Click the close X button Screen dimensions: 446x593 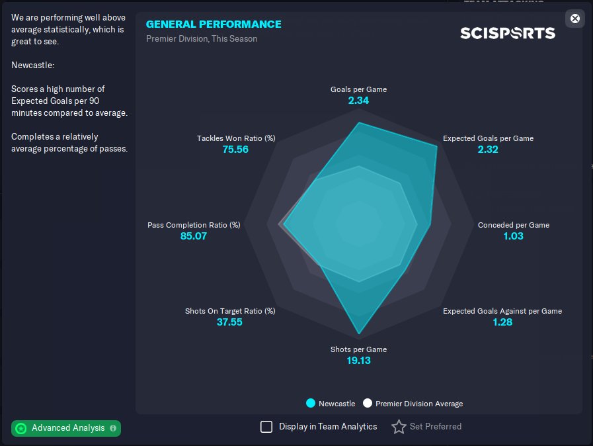click(x=574, y=19)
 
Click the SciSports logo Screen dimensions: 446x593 click(x=507, y=33)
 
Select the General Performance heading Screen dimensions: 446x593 click(x=214, y=24)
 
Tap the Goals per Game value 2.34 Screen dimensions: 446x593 click(x=358, y=101)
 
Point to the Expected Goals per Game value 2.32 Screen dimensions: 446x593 click(x=488, y=150)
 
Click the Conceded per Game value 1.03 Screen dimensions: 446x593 click(x=513, y=236)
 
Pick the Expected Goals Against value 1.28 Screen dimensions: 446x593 click(x=502, y=322)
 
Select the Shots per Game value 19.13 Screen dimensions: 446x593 click(x=358, y=361)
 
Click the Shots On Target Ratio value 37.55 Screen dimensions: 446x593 click(x=230, y=322)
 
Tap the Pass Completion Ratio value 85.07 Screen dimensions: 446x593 click(x=194, y=236)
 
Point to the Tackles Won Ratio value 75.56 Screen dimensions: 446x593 click(x=235, y=150)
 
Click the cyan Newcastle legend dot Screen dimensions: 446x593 click(x=311, y=403)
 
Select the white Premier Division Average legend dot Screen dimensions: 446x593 click(x=368, y=403)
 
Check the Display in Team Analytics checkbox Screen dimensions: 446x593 click(x=266, y=427)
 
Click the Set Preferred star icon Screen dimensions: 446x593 click(x=399, y=427)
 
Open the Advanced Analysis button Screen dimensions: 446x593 click(x=66, y=428)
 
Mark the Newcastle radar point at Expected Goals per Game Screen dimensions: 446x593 click(x=436, y=146)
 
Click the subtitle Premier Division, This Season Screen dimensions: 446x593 click(x=202, y=38)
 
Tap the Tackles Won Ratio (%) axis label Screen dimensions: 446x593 click(x=235, y=138)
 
